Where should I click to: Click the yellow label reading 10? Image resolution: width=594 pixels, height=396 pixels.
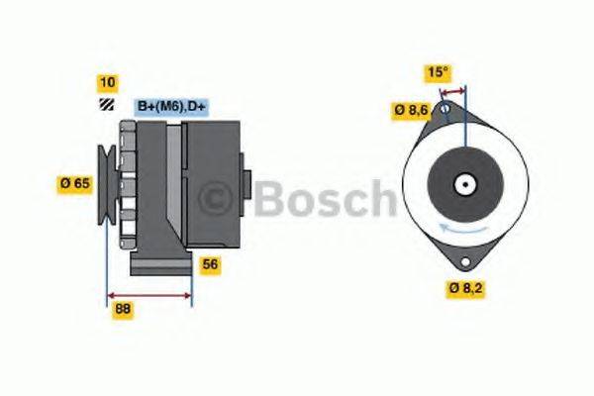(107, 81)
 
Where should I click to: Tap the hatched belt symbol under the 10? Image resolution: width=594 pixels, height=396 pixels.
(106, 104)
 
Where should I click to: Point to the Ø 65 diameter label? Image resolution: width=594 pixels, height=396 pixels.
(75, 183)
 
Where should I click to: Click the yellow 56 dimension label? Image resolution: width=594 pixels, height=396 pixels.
(210, 264)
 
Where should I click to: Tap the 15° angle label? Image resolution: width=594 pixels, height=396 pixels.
(438, 72)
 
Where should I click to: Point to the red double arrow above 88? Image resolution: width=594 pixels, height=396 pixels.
(148, 295)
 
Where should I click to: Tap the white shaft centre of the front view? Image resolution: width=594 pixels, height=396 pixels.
(463, 184)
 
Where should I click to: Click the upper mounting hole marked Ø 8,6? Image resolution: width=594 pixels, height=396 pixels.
(445, 107)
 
